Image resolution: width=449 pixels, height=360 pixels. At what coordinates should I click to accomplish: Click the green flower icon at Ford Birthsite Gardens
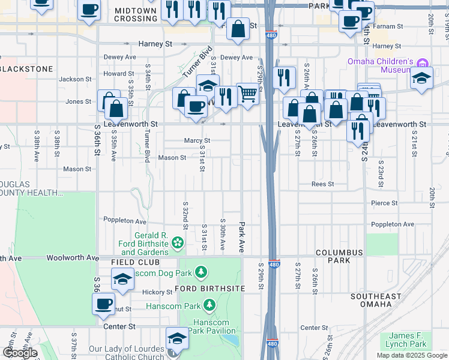point(178,242)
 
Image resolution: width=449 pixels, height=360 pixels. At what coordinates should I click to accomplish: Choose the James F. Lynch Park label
point(408,340)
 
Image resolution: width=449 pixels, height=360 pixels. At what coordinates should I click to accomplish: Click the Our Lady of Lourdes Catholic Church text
point(125,353)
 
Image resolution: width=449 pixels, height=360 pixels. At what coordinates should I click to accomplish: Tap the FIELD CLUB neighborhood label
point(135,263)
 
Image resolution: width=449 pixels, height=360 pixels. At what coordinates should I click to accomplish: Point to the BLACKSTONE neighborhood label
point(27,69)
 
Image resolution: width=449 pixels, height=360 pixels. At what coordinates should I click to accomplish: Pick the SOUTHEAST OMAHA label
point(376,301)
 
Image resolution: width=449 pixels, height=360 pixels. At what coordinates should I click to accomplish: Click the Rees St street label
point(322,184)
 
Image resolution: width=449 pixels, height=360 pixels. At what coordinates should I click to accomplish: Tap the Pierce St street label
point(384,203)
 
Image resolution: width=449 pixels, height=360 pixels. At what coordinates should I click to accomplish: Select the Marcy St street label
point(196,141)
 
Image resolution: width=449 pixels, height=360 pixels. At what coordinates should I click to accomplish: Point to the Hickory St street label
point(157,292)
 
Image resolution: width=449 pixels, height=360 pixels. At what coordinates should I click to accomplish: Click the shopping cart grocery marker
point(248,94)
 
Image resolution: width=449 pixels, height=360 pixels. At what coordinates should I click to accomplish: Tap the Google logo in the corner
point(20,352)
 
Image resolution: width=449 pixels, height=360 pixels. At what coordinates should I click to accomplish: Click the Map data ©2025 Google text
point(412,355)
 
